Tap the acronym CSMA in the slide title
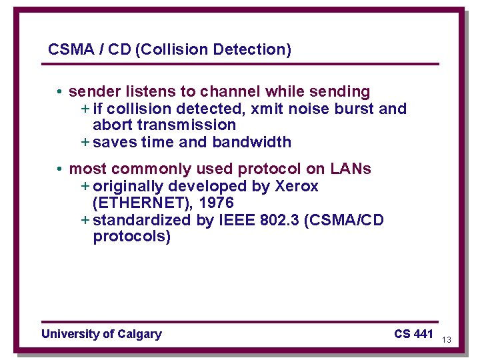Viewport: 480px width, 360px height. (67, 49)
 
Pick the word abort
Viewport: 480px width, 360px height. (111, 125)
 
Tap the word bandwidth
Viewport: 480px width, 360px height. (252, 142)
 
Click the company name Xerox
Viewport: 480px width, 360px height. (297, 186)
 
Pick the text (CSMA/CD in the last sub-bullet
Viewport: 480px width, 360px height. (343, 220)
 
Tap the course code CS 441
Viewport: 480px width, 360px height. (413, 334)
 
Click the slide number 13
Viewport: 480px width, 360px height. (447, 340)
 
